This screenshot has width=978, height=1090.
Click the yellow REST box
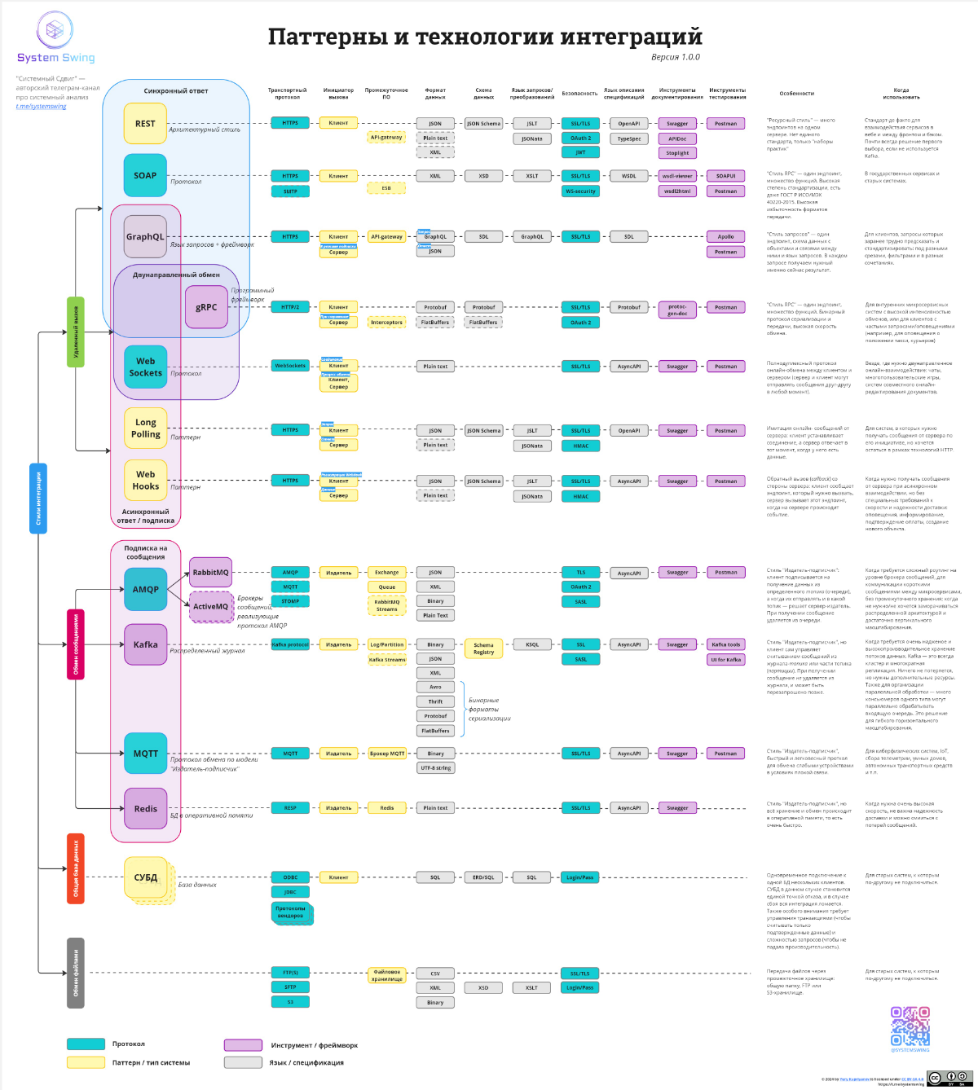click(x=145, y=124)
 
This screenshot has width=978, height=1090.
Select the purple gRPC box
click(x=206, y=307)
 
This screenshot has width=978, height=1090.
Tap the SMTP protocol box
click(x=290, y=191)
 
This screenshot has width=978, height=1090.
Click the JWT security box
click(x=580, y=152)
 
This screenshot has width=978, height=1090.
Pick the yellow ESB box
click(x=386, y=188)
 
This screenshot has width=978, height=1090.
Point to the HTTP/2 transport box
click(x=290, y=307)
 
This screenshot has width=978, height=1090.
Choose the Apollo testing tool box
click(x=725, y=237)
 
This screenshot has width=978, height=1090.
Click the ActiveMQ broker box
click(x=210, y=607)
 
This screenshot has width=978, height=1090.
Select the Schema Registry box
click(x=483, y=648)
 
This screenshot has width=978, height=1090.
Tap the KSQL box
click(x=531, y=644)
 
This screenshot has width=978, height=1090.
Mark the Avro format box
click(x=435, y=687)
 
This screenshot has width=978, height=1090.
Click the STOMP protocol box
click(x=290, y=601)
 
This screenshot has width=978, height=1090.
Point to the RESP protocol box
click(x=290, y=808)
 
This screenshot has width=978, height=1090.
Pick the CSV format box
click(x=435, y=974)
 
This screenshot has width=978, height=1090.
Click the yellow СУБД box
click(x=147, y=877)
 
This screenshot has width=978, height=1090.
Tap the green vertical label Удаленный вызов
click(x=76, y=332)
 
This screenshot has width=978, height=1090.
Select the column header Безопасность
click(x=579, y=94)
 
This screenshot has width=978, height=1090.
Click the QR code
click(x=910, y=1026)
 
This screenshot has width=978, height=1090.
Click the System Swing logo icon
click(x=55, y=31)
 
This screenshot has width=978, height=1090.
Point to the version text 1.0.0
click(x=676, y=57)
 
